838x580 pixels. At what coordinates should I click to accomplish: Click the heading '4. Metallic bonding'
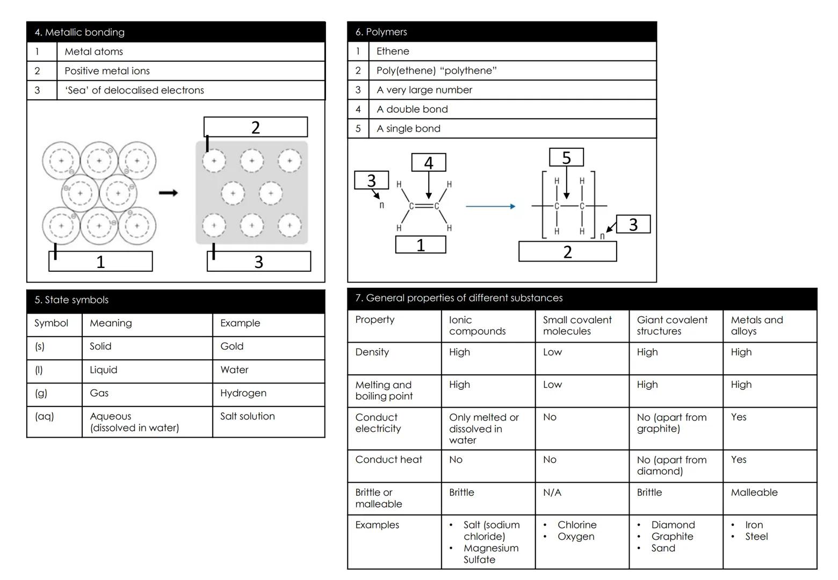tap(80, 32)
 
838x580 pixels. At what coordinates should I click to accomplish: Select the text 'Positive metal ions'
tap(107, 71)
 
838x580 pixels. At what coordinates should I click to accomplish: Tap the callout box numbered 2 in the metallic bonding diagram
tap(256, 127)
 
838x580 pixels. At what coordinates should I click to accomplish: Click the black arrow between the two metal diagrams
tap(168, 193)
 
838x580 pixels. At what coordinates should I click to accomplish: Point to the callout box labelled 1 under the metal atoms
tap(100, 261)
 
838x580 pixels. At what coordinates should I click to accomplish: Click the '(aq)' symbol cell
tap(44, 416)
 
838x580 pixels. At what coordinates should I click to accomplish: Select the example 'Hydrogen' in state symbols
tap(243, 393)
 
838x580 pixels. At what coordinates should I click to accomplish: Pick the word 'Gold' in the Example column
tap(232, 346)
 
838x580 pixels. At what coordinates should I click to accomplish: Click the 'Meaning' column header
tap(111, 323)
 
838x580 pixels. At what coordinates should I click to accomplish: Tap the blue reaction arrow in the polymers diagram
tap(490, 206)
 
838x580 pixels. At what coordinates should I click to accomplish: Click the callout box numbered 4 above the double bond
tap(429, 163)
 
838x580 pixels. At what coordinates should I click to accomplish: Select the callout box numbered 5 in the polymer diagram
tap(566, 157)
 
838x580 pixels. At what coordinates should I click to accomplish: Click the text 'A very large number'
tap(424, 90)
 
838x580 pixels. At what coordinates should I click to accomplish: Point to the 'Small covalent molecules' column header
tap(577, 325)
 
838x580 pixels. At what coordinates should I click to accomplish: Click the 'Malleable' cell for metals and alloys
tap(754, 492)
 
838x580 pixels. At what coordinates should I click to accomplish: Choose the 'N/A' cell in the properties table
tap(552, 492)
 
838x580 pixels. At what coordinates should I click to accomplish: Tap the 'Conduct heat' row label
tap(389, 460)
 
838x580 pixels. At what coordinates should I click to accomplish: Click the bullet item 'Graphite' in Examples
tap(672, 536)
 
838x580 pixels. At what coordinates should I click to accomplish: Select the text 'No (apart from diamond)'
tap(672, 465)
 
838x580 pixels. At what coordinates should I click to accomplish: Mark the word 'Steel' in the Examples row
tap(756, 536)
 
